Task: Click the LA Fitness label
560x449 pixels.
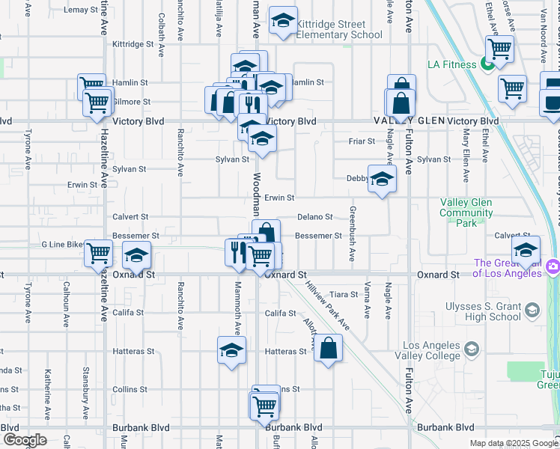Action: (451, 64)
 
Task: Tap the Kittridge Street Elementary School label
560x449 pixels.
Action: (330, 29)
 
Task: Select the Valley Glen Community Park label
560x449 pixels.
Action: (466, 213)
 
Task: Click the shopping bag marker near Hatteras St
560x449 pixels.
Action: (329, 348)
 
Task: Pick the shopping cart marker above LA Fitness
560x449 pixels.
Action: (499, 49)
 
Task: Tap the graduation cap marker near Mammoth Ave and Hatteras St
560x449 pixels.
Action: (231, 350)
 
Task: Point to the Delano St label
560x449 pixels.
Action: (314, 217)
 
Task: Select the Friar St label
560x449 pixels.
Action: (361, 141)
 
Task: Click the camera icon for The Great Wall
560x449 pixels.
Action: (553, 266)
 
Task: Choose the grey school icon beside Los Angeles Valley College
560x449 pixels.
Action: (472, 349)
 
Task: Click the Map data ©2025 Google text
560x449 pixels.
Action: (513, 443)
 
